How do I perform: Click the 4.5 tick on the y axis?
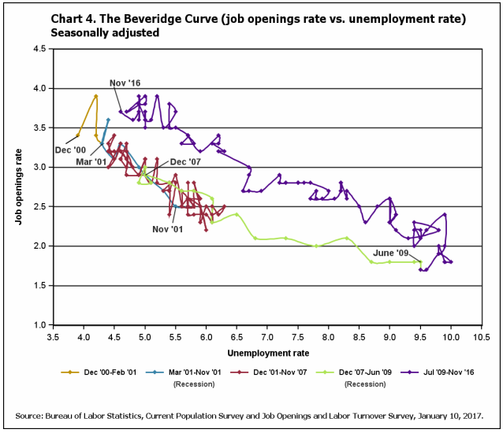[x=38, y=49]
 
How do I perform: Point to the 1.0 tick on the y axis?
[x=38, y=324]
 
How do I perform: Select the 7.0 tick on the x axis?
[x=267, y=336]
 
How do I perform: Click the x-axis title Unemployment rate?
[x=267, y=353]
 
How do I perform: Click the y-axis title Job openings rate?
[x=17, y=187]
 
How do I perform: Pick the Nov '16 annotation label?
[x=125, y=83]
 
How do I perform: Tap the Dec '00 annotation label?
[x=70, y=149]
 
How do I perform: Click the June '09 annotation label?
[x=391, y=253]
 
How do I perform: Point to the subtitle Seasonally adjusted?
[x=103, y=33]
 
